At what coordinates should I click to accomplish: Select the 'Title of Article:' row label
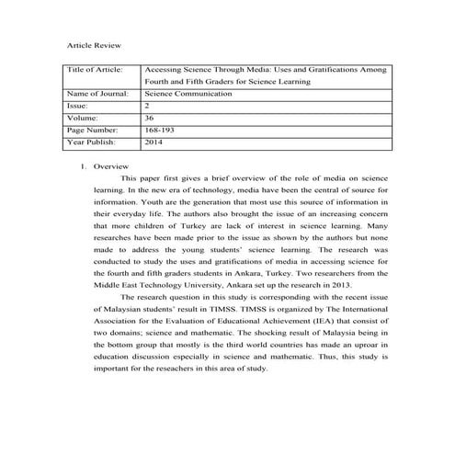96,69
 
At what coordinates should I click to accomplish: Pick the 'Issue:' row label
80,106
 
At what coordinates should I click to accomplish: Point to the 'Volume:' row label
85,118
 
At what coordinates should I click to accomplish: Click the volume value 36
150,118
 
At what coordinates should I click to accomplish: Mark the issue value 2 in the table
147,106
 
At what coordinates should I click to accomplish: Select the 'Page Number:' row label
95,131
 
